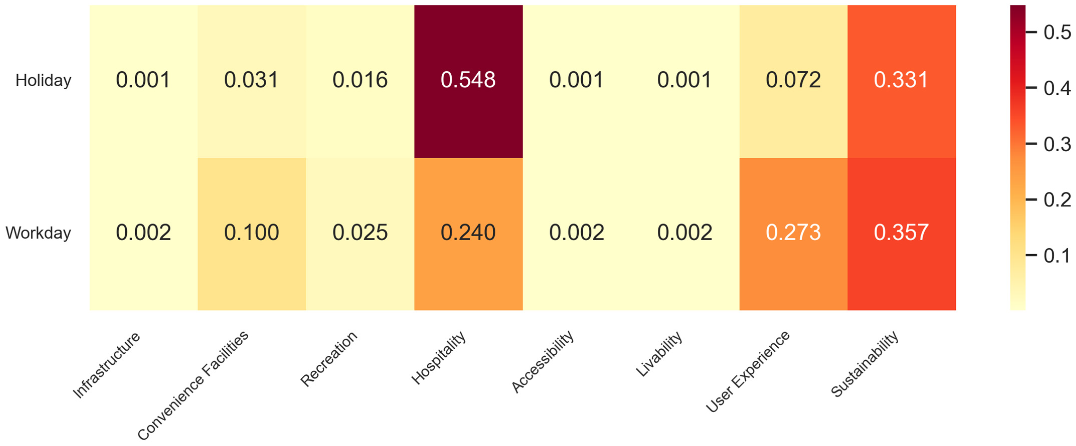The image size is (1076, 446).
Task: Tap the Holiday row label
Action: (43, 80)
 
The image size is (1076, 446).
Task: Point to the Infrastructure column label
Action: (107, 365)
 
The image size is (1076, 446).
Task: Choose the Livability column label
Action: (659, 354)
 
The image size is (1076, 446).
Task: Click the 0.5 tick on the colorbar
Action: (1057, 32)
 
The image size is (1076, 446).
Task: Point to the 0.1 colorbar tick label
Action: (1057, 256)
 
